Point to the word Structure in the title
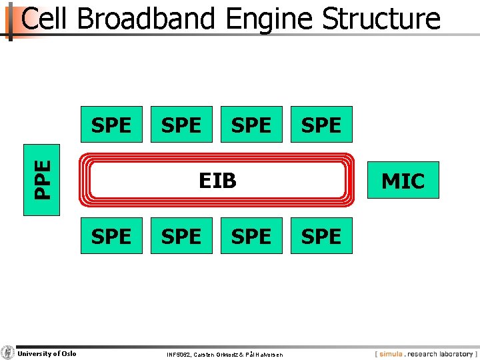point(381,19)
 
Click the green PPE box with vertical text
point(41,180)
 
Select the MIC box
point(403,180)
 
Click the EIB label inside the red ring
point(218,180)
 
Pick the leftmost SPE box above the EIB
point(111,125)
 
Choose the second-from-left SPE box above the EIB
point(181,125)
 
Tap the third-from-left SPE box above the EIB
point(251,125)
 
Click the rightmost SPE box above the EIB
point(321,125)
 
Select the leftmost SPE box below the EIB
point(111,236)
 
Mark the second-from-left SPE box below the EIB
point(181,236)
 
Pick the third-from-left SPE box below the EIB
point(251,236)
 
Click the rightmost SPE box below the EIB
point(321,236)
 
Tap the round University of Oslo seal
point(7,353)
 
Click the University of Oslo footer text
point(47,354)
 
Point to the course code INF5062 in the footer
point(179,355)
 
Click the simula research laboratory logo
point(425,354)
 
